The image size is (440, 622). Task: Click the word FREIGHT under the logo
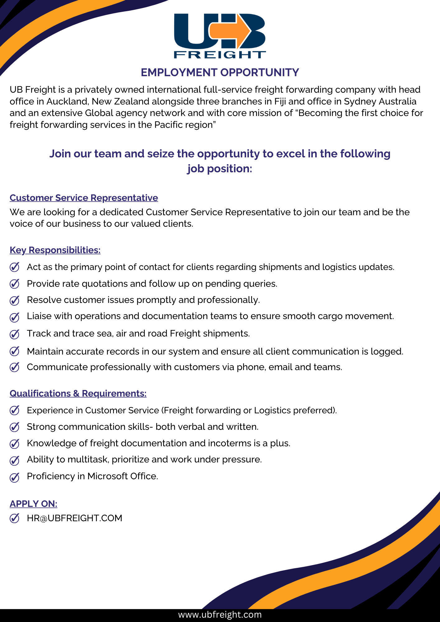tap(220, 55)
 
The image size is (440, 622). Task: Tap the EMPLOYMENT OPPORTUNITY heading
tap(220, 72)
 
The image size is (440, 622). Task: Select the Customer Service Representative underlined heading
tap(84, 198)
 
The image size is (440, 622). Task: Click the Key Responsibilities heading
tap(55, 250)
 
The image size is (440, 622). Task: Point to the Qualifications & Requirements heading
tap(78, 393)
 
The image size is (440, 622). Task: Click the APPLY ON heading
tap(34, 504)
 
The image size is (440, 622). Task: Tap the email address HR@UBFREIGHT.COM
tap(74, 518)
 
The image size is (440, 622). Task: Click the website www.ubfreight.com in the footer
tap(220, 615)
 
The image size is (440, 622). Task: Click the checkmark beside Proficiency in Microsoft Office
tap(15, 477)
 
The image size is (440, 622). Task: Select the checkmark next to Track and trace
tap(15, 334)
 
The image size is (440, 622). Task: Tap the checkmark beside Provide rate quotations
tap(15, 284)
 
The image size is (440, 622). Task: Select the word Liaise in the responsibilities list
tap(39, 316)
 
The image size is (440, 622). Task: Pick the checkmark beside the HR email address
tap(15, 518)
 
